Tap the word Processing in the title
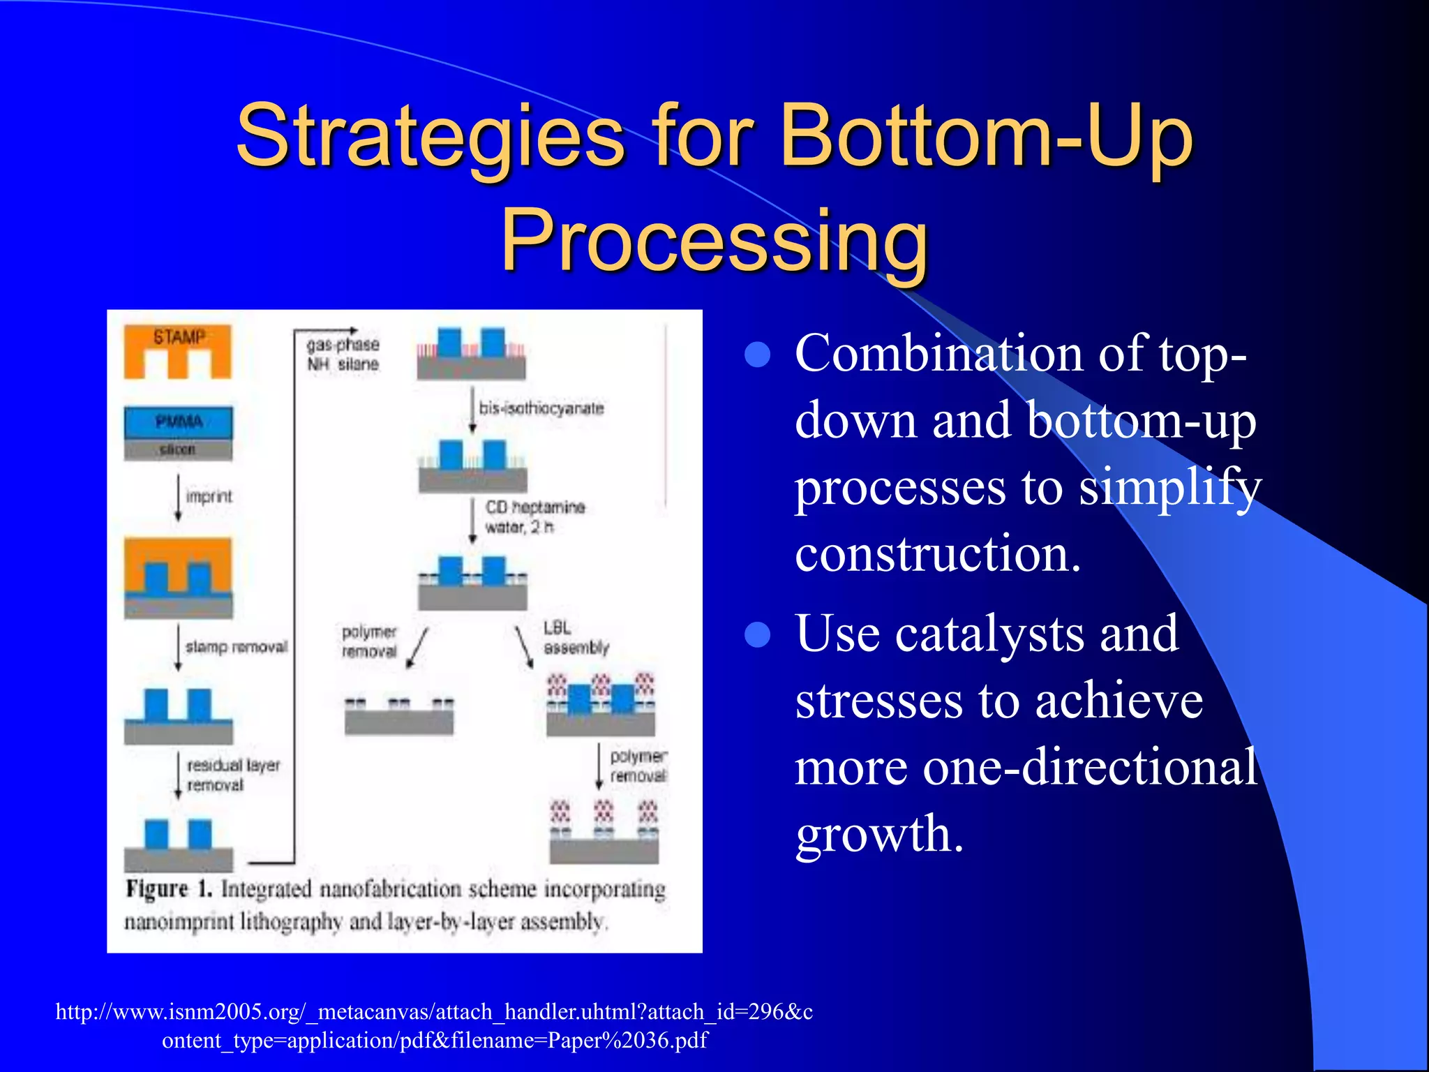click(714, 241)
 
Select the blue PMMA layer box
click(179, 422)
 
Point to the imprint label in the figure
click(209, 496)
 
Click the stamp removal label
click(237, 647)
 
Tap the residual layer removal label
click(233, 775)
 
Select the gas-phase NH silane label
click(343, 354)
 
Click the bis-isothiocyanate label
click(541, 408)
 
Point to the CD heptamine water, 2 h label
click(534, 516)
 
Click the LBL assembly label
click(576, 638)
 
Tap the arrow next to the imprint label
click(179, 497)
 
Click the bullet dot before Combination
click(757, 355)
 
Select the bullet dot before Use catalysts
click(757, 635)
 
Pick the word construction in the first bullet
click(938, 553)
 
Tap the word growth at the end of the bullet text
click(879, 833)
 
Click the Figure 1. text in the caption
click(168, 889)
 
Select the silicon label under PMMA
click(177, 449)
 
